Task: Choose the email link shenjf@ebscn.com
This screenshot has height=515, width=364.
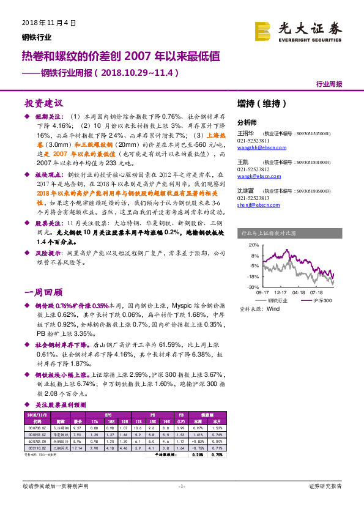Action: click(x=255, y=205)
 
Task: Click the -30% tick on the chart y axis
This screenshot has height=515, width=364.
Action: click(x=253, y=286)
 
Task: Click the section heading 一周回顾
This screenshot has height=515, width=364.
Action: click(x=43, y=292)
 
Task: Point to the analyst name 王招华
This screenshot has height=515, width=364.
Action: click(x=245, y=133)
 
